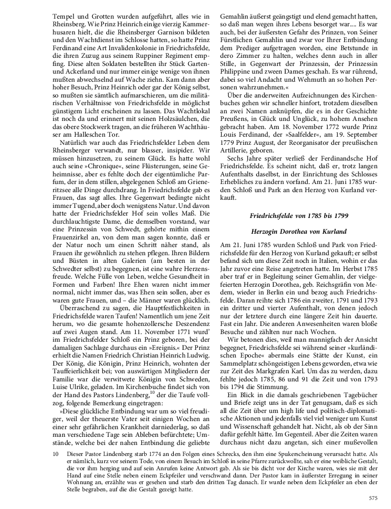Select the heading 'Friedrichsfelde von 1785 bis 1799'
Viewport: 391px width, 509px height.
(x=299, y=216)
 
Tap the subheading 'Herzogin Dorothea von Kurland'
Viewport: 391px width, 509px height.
(x=299, y=231)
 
